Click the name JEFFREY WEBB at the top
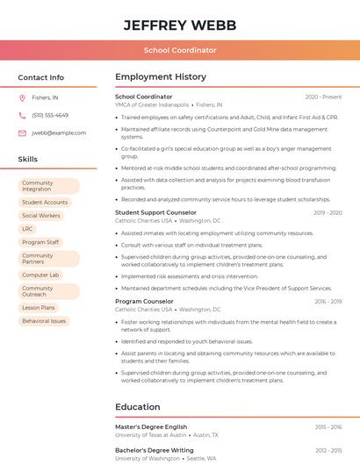click(x=180, y=24)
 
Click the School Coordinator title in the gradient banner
click(x=180, y=50)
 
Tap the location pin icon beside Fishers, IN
click(x=22, y=97)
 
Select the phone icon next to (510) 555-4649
click(x=22, y=115)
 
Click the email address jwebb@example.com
click(x=59, y=132)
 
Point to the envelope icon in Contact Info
click(x=22, y=132)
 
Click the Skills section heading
click(x=28, y=160)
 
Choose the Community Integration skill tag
click(x=49, y=186)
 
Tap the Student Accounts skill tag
click(x=45, y=202)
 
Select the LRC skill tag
click(x=28, y=228)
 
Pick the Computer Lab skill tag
click(x=40, y=275)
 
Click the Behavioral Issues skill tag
click(x=44, y=321)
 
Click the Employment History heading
click(x=161, y=77)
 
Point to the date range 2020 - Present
click(x=323, y=97)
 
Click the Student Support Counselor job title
click(x=155, y=212)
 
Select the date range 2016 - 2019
click(x=328, y=301)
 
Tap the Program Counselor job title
click(x=144, y=301)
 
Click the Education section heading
click(x=137, y=407)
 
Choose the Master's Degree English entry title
click(x=151, y=426)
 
